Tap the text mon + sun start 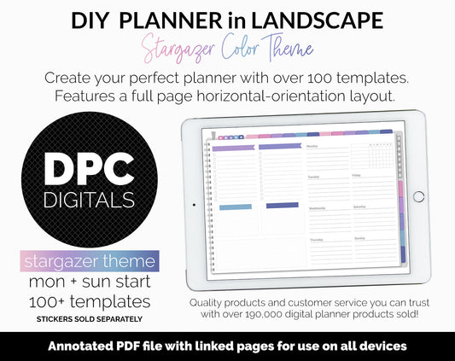(x=90, y=280)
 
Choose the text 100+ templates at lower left (x=90, y=301)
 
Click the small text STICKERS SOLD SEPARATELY (x=90, y=319)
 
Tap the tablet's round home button (x=418, y=196)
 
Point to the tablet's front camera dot (x=194, y=205)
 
